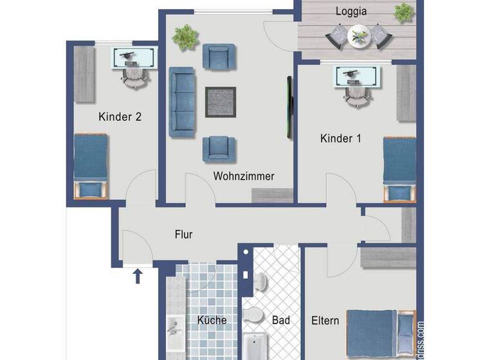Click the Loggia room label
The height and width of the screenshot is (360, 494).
pyautogui.click(x=351, y=11)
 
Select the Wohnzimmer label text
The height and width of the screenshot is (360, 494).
pyautogui.click(x=244, y=175)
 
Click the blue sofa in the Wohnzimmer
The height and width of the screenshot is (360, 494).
pyautogui.click(x=182, y=103)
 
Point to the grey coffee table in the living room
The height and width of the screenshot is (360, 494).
pyautogui.click(x=220, y=102)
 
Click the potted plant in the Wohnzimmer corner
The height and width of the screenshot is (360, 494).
pyautogui.click(x=185, y=37)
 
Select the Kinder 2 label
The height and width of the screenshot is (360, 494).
pyautogui.click(x=120, y=116)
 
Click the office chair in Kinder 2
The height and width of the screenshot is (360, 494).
pyautogui.click(x=134, y=77)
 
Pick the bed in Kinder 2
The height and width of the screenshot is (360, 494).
pyautogui.click(x=89, y=166)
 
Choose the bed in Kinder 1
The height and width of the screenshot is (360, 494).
pyautogui.click(x=399, y=169)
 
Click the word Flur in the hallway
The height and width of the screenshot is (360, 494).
pyautogui.click(x=184, y=235)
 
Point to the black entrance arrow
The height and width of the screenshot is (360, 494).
pyautogui.click(x=137, y=277)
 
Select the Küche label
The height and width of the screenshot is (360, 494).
pyautogui.click(x=212, y=319)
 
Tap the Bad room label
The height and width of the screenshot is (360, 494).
pyautogui.click(x=281, y=319)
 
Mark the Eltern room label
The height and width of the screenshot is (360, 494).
pyautogui.click(x=325, y=319)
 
